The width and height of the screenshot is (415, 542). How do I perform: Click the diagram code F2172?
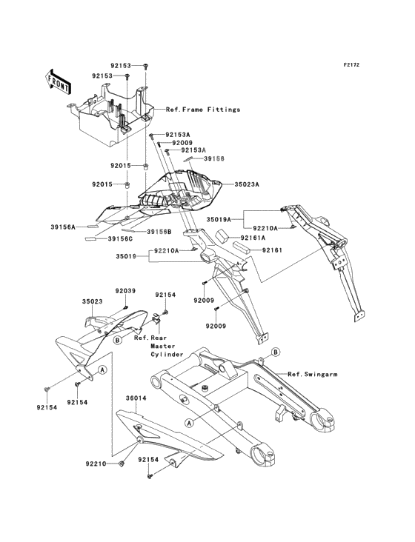tap(351, 64)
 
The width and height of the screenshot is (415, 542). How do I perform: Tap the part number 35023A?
tap(247, 184)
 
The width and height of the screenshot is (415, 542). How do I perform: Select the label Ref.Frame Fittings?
tap(203, 110)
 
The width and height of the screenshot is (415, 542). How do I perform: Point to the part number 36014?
tap(136, 398)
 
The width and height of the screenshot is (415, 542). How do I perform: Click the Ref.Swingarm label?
tap(313, 375)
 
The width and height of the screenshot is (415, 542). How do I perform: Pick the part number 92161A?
tap(253, 238)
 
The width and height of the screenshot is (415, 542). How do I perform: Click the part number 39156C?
tap(120, 238)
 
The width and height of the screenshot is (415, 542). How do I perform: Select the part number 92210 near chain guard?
tap(96, 464)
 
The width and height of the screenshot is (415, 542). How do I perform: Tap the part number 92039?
tap(125, 291)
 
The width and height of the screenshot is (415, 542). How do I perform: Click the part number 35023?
tap(93, 301)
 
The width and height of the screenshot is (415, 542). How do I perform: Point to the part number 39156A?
tap(63, 227)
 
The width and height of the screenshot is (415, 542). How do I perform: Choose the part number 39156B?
tap(159, 232)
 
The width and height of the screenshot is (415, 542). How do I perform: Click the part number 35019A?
tap(219, 219)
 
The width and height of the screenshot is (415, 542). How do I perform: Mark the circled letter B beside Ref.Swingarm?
tap(275, 352)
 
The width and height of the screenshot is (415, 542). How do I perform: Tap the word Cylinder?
tap(167, 355)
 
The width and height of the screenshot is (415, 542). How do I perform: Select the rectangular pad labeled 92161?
tap(243, 247)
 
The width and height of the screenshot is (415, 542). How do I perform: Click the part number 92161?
tap(272, 250)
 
